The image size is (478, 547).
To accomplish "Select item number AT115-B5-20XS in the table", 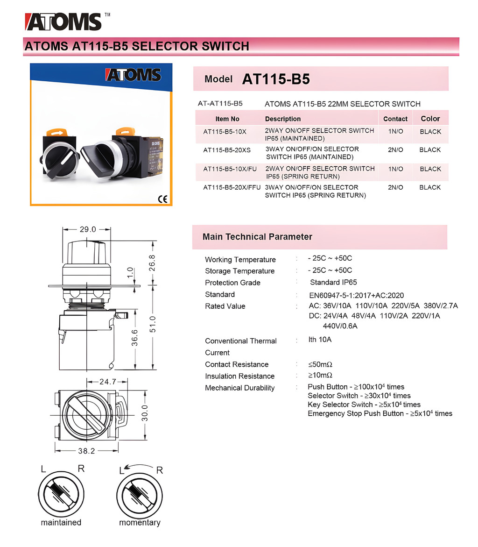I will (227, 150).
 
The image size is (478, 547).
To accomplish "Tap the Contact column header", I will (395, 119).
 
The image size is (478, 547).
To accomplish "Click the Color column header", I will (430, 119).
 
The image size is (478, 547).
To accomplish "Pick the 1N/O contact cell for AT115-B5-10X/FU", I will (395, 169).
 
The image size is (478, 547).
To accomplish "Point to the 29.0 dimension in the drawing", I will (87, 229).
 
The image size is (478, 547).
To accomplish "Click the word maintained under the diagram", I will (61, 522).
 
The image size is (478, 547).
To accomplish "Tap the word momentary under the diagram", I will (140, 522).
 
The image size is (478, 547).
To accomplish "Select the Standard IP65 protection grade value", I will (333, 282).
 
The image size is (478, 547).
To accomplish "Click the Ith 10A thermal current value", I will (320, 340).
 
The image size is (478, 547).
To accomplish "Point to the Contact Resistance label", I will (237, 364).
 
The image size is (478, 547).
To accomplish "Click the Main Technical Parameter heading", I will (257, 237).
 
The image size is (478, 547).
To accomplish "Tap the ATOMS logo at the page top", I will (63, 21).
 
